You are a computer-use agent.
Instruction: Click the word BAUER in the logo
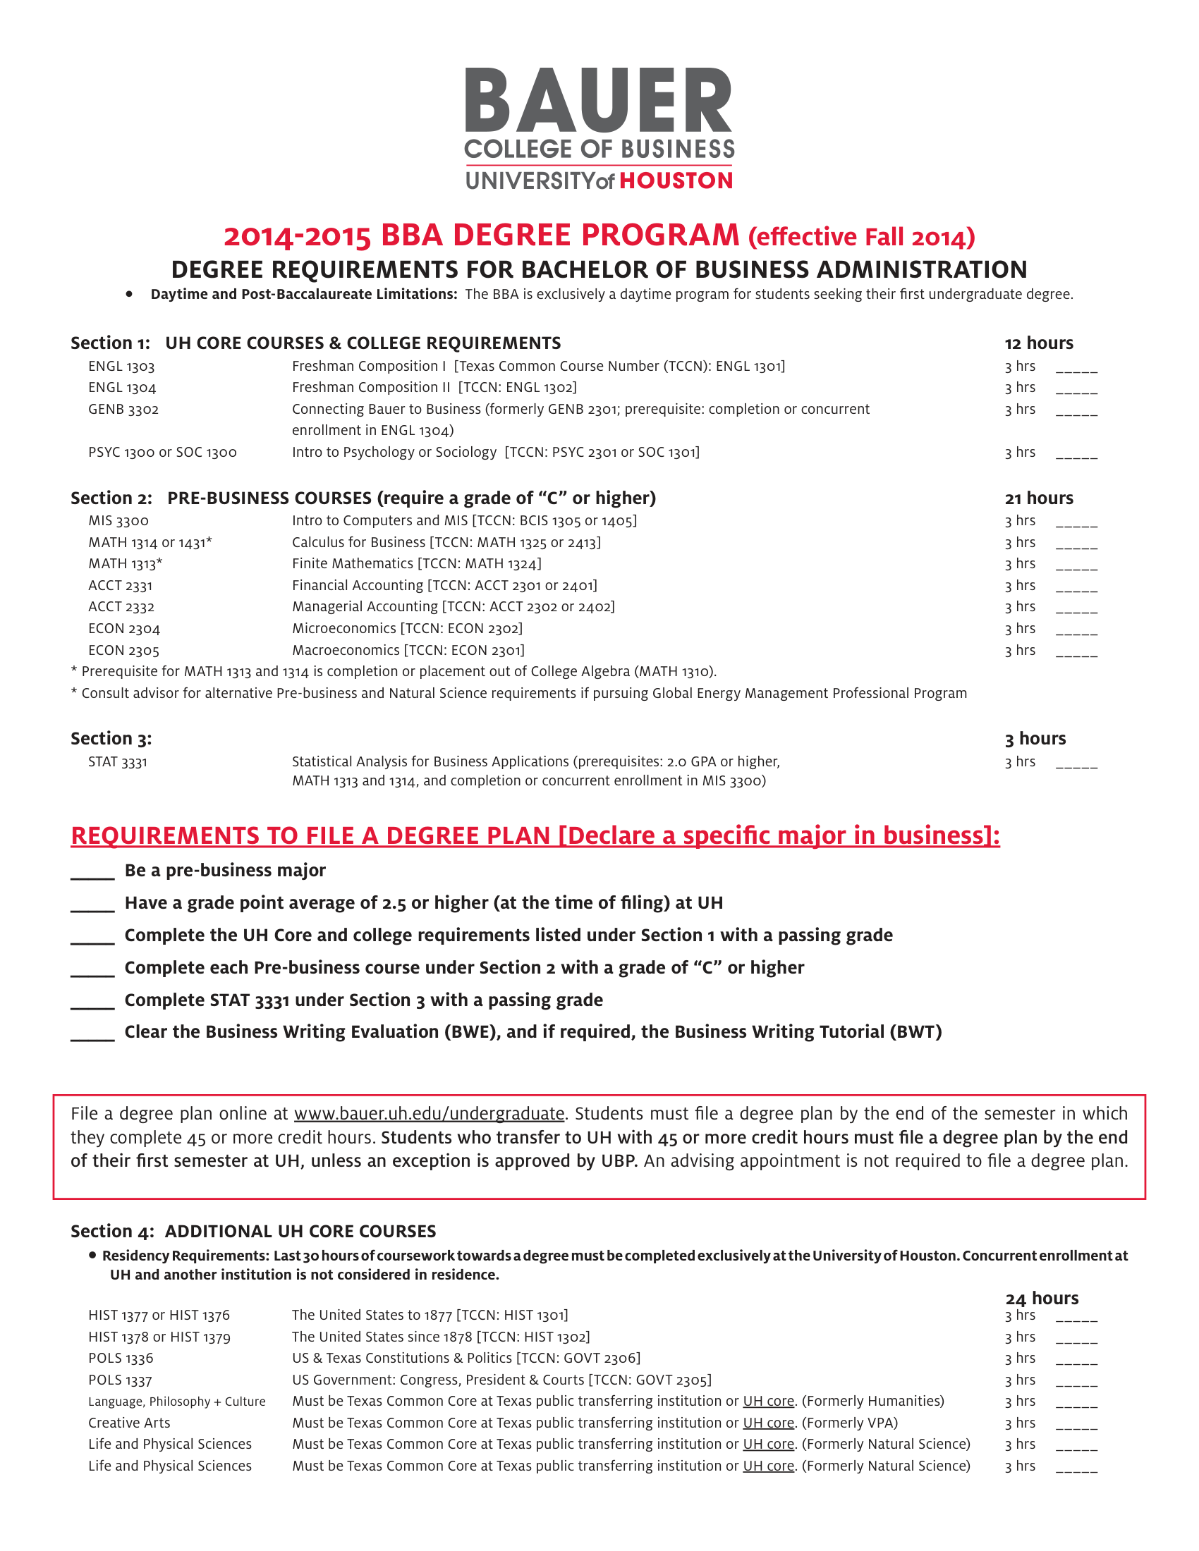[x=598, y=101]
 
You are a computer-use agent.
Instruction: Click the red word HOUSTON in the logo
[x=676, y=180]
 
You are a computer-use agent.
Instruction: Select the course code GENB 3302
[x=123, y=410]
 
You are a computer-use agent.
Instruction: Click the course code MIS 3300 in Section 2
[x=118, y=521]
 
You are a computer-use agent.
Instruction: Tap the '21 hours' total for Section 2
[x=1038, y=498]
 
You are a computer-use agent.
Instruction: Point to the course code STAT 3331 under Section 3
[x=118, y=762]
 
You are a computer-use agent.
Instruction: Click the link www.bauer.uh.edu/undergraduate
[x=429, y=1113]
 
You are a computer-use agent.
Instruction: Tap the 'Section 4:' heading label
[x=112, y=1232]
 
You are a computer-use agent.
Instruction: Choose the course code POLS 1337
[x=120, y=1380]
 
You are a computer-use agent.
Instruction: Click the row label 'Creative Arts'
[x=129, y=1423]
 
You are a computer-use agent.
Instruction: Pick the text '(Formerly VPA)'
[x=850, y=1423]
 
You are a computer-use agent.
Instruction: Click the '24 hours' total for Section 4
[x=1041, y=1299]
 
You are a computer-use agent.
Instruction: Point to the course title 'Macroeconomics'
[x=346, y=651]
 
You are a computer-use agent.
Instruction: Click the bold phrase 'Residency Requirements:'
[x=185, y=1256]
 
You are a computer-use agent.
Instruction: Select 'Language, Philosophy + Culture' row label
[x=177, y=1402]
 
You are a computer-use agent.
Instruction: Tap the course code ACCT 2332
[x=121, y=607]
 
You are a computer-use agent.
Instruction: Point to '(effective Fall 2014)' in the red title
[x=861, y=237]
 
